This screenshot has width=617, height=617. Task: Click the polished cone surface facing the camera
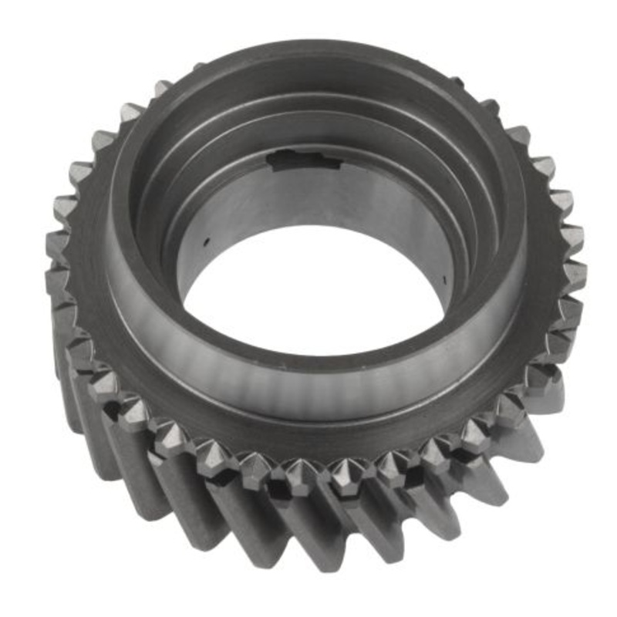pos(308,386)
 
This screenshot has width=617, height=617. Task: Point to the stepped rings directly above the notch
pos(308,116)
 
